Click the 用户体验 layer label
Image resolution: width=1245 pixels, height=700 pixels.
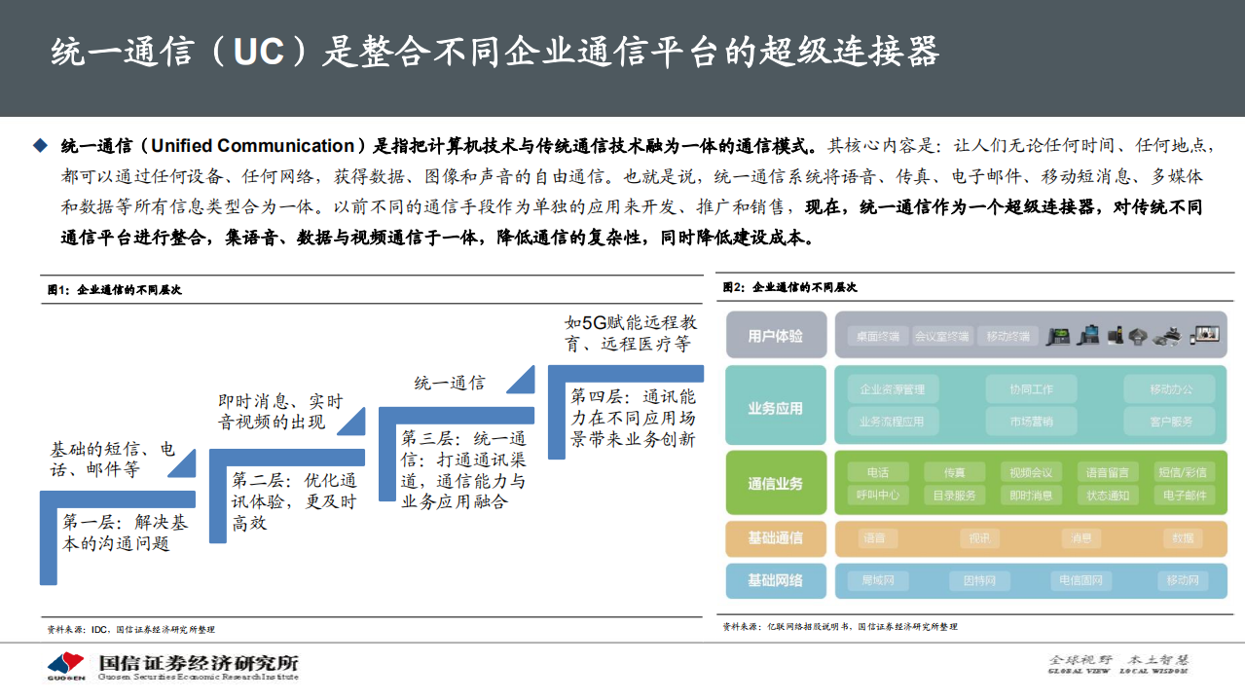tap(776, 336)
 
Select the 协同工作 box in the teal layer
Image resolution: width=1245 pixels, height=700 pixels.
tap(1032, 389)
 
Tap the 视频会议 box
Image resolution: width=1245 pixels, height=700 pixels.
tap(1031, 472)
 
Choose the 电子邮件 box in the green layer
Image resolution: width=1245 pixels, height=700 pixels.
tap(1184, 495)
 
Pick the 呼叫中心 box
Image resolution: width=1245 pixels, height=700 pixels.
tap(878, 495)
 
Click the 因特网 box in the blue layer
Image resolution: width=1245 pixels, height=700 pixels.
tap(979, 581)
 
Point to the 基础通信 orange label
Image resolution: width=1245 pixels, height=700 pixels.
tap(776, 537)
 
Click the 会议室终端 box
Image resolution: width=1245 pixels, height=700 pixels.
tap(941, 337)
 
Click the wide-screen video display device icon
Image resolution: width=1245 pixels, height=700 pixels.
tap(1205, 334)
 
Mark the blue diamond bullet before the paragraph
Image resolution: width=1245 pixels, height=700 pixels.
tap(40, 146)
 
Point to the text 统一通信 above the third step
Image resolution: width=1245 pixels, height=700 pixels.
tap(449, 383)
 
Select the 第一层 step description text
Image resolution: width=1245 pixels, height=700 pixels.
tap(125, 533)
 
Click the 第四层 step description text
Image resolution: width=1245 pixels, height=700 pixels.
tap(632, 419)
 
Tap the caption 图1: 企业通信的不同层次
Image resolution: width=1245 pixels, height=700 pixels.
tap(115, 290)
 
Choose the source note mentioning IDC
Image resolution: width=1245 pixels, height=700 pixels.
tap(130, 629)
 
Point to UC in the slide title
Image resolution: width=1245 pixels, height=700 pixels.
tap(258, 53)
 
